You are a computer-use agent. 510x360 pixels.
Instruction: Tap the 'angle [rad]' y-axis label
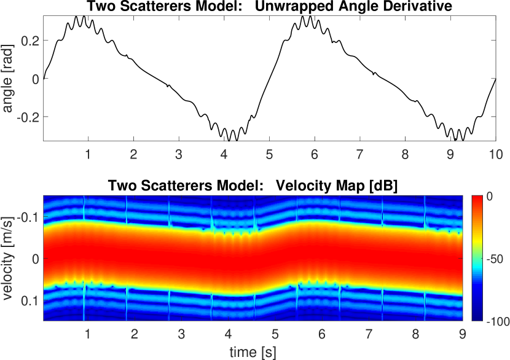tap(8, 79)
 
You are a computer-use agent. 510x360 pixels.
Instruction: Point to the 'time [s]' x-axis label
tap(252, 351)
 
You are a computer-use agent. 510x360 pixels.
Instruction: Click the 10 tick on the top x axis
tap(495, 152)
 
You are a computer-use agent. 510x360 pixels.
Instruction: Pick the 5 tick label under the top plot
tap(269, 152)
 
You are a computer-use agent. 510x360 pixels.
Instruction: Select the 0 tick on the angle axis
tap(36, 79)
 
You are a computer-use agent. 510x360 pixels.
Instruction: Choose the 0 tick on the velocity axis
tap(36, 259)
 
